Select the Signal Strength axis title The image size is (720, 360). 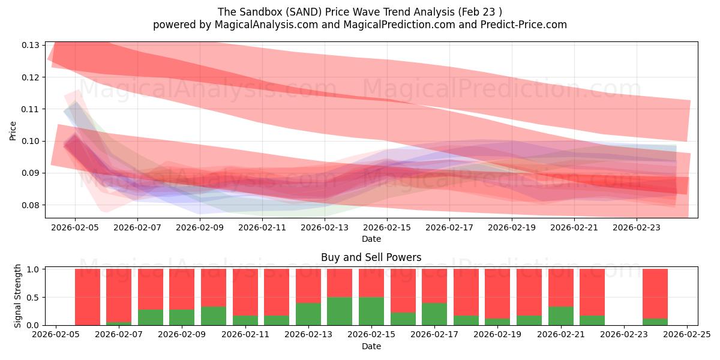coord(18,296)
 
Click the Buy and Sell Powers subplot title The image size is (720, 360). coord(371,257)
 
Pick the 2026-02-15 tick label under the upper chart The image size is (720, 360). coord(387,227)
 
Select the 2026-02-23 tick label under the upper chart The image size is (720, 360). coord(637,227)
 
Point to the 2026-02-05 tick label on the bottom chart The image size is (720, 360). coord(56,335)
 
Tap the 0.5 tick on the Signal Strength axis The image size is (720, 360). coord(33,298)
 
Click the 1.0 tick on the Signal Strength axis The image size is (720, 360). coord(33,269)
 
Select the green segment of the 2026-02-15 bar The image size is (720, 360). coord(371,311)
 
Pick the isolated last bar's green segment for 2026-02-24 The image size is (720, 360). coord(655,322)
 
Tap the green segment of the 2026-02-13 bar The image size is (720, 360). coord(308,314)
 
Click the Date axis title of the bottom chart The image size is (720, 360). coord(371,346)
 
